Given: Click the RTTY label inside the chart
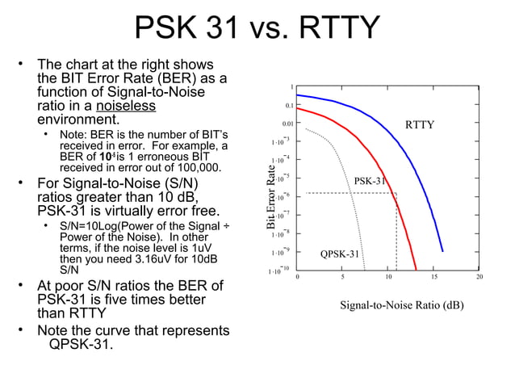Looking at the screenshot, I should (419, 125).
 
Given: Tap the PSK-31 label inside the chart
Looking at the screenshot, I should (370, 181).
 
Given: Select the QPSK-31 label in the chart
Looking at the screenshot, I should (340, 254).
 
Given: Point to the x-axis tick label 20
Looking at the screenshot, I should (479, 277).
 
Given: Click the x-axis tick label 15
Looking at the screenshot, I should (433, 277).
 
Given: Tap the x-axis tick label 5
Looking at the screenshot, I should (342, 277).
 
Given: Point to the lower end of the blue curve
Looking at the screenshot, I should (442, 250).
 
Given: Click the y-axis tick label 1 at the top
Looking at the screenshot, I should (293, 86).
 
